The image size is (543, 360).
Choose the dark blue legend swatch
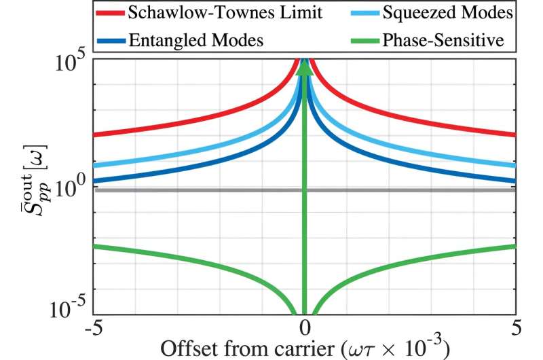pyautogui.click(x=117, y=41)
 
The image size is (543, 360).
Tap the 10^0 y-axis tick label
pyautogui.click(x=71, y=187)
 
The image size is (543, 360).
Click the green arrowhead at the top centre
pyautogui.click(x=305, y=68)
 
